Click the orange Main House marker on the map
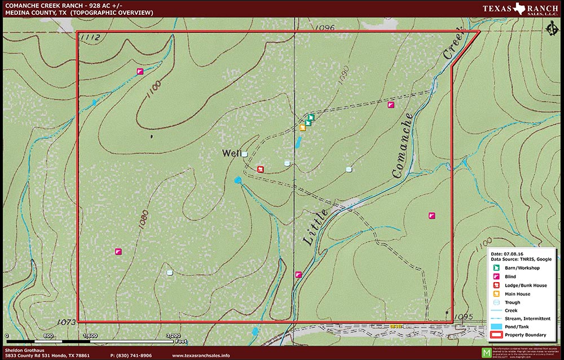pos(302,128)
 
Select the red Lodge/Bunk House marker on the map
pos(261,169)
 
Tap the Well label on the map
pos(231,153)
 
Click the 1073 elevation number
pos(66,322)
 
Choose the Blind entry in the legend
pos(510,276)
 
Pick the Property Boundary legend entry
pos(525,335)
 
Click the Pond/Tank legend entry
pos(517,327)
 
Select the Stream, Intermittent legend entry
pos(527,318)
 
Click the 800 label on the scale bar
pos(48,336)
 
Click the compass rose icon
pos(552,29)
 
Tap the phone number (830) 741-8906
pos(131,355)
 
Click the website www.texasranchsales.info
pos(201,355)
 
